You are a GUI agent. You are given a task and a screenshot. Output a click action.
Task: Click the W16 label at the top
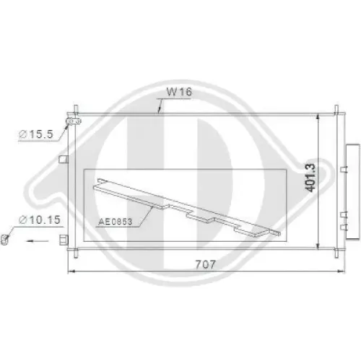pos(178,92)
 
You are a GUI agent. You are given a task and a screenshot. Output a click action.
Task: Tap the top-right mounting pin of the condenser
pos(335,110)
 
